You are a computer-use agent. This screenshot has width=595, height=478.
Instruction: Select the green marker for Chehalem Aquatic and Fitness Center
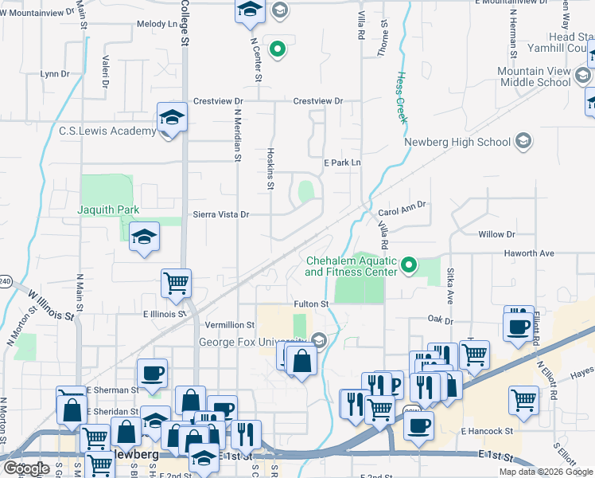[x=410, y=264]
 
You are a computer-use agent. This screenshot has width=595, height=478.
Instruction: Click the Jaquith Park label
[x=108, y=210]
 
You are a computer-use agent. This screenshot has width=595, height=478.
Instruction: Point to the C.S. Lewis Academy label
[x=107, y=131]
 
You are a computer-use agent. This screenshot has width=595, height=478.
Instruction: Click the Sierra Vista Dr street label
[x=222, y=214]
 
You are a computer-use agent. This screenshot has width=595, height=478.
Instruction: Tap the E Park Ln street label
[x=342, y=163]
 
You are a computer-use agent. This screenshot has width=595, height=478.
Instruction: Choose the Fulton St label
[x=311, y=304]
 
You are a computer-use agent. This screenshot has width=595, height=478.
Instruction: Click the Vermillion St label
[x=230, y=325]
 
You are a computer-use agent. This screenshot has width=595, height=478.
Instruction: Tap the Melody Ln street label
[x=157, y=25]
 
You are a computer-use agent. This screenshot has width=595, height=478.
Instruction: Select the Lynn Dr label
[x=55, y=73]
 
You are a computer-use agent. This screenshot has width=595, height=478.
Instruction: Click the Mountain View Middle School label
[x=534, y=76]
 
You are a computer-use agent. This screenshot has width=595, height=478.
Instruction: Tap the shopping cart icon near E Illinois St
[x=175, y=282]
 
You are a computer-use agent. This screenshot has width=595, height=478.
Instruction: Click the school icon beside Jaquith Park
[x=144, y=236]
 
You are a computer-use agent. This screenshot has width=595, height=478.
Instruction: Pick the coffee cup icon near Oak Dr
[x=518, y=325]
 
